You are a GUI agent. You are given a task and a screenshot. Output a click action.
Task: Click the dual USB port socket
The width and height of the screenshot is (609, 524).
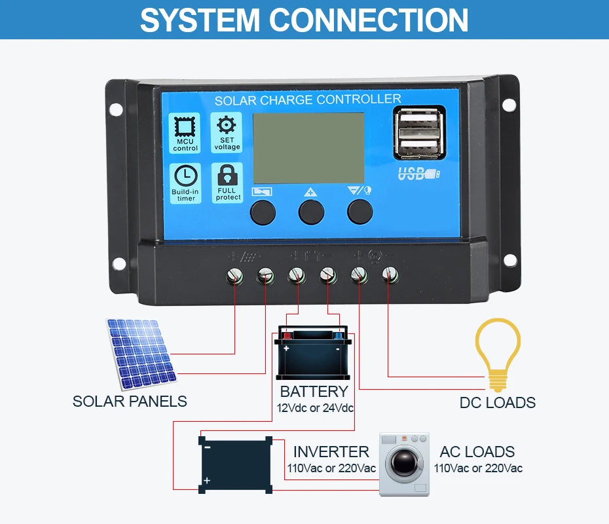419,134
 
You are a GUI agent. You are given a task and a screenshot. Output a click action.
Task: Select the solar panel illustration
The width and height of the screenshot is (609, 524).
141,352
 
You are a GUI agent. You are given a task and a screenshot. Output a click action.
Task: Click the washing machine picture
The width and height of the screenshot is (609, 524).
404,464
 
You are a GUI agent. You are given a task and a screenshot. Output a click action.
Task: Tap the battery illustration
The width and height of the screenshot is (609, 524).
312,353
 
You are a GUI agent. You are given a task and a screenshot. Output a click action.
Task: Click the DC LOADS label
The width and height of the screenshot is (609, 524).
497,403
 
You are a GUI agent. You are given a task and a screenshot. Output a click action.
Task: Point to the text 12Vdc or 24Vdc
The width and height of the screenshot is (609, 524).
315,409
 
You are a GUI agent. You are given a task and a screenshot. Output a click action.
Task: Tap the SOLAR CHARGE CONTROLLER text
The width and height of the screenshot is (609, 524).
307,100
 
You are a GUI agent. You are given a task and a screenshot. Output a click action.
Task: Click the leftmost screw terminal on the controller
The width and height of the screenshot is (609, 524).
234,275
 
